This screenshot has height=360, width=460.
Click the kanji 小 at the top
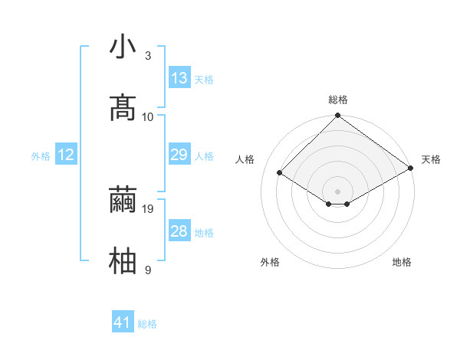[123, 47]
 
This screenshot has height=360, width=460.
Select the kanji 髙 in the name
[123, 107]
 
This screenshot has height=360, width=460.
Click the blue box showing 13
[179, 78]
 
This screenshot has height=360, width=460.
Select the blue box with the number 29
[179, 155]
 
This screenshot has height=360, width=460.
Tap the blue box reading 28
[179, 231]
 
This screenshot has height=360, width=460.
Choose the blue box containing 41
[123, 322]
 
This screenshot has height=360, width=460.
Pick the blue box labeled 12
[66, 155]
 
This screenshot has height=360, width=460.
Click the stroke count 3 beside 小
[148, 56]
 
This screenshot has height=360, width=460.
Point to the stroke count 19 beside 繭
[149, 208]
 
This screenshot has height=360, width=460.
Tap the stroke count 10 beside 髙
[149, 116]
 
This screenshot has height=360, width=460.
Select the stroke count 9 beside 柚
[148, 270]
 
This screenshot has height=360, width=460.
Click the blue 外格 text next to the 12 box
[41, 156]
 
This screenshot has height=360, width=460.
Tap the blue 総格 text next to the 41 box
[147, 324]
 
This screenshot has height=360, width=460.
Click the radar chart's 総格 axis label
[338, 100]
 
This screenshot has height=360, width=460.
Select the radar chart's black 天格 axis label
[431, 159]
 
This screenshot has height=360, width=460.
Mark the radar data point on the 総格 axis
[338, 116]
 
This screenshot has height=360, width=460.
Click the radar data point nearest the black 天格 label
[411, 169]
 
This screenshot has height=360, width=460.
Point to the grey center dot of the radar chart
[338, 190]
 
